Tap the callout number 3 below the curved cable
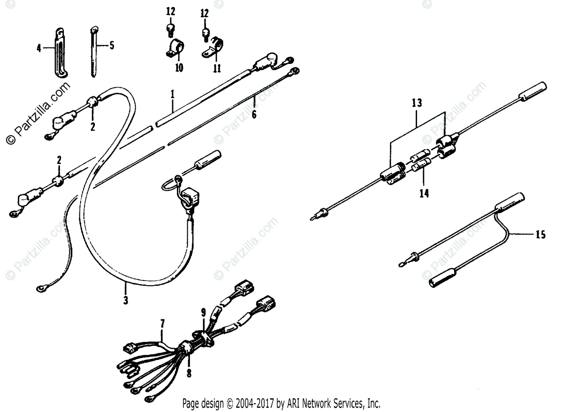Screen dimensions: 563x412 point(126,300)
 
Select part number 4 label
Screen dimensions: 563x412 point(39,47)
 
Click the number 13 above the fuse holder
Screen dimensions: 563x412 point(417,102)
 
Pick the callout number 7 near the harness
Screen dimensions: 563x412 point(163,323)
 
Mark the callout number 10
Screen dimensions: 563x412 point(178,68)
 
